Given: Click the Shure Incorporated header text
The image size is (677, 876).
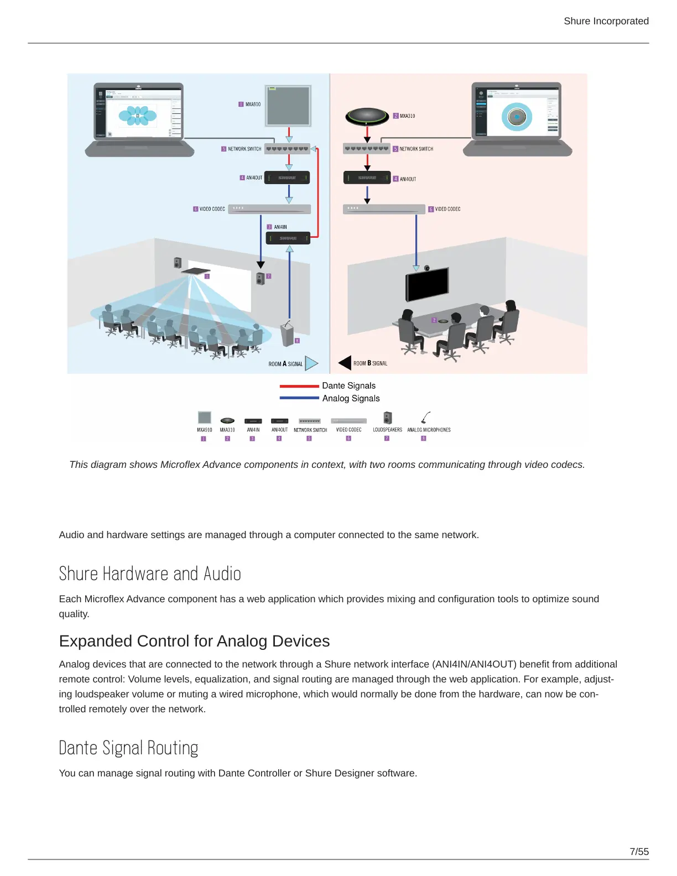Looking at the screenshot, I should [x=606, y=21].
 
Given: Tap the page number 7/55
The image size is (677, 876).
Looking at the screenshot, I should [x=639, y=852].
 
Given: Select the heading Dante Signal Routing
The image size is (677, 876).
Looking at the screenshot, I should [x=128, y=748].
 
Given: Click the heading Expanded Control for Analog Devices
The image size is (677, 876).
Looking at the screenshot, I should [x=194, y=641].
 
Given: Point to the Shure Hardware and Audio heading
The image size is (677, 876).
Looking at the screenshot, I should [x=150, y=574].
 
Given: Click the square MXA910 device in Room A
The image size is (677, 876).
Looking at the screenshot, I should [x=289, y=106].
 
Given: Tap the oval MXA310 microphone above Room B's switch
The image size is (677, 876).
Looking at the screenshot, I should [x=367, y=116].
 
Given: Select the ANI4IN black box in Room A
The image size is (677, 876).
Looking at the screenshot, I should [x=288, y=238].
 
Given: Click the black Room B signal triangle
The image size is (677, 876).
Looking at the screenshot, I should [x=345, y=363].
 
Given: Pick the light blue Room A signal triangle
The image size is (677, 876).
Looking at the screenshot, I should [x=311, y=363].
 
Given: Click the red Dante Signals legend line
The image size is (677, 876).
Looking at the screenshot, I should [x=299, y=386].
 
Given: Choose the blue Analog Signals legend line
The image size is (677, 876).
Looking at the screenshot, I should [x=299, y=398].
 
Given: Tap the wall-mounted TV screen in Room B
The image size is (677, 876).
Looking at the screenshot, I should [x=426, y=283].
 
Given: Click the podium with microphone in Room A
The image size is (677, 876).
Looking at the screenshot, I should [x=288, y=333].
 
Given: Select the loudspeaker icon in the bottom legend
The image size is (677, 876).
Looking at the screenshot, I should [x=388, y=418].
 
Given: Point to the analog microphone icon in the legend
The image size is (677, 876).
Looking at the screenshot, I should [x=425, y=418].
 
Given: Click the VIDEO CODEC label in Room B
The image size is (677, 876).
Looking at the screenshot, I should [x=447, y=209].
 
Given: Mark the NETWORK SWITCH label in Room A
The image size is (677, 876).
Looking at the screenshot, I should [x=244, y=149].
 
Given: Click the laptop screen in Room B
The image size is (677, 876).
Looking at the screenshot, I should [x=517, y=111].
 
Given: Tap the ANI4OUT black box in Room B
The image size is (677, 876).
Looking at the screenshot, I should [x=367, y=178].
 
